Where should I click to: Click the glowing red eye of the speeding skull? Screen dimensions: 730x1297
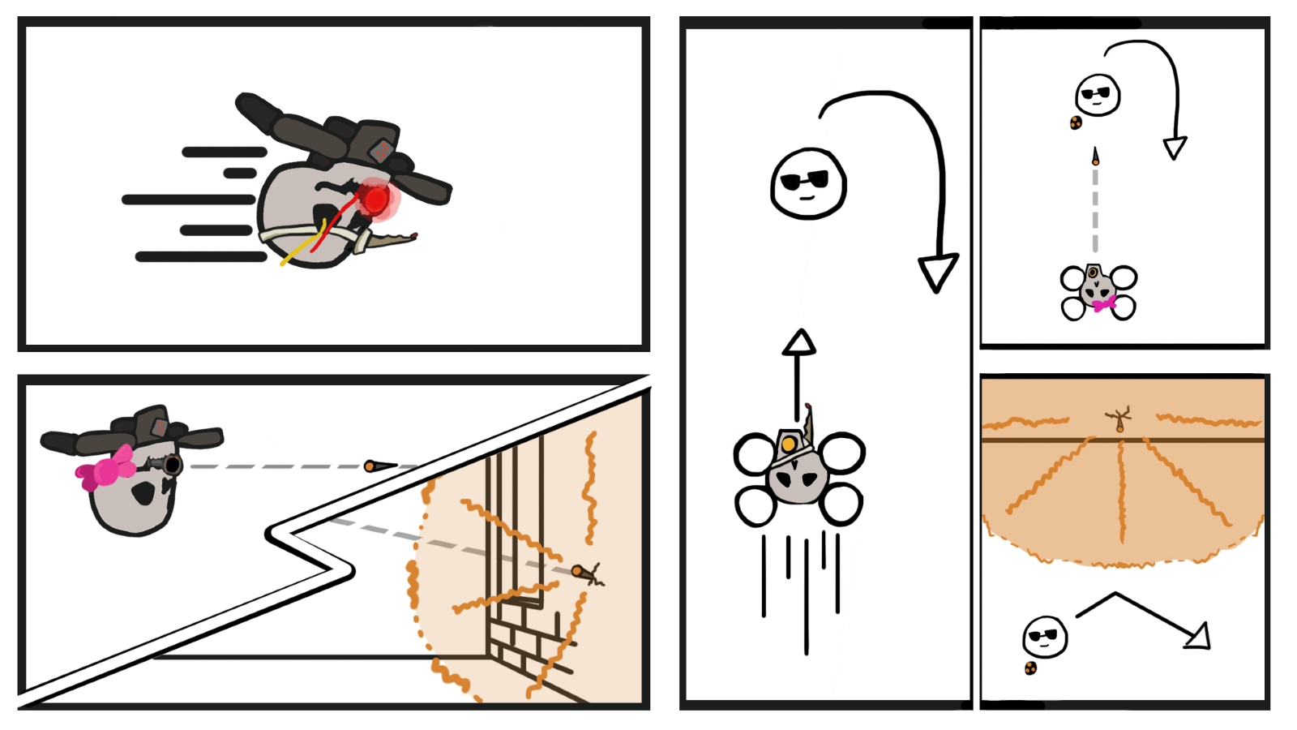click(x=375, y=199)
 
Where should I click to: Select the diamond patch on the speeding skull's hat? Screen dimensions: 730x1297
click(x=382, y=151)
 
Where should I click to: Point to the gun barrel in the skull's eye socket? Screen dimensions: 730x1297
click(x=171, y=465)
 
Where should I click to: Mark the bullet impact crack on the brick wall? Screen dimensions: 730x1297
click(x=591, y=574)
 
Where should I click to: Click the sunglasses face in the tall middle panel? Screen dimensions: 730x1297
click(x=808, y=183)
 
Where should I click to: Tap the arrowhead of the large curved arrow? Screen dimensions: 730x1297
click(x=938, y=273)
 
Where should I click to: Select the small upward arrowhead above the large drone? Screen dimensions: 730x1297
click(x=798, y=342)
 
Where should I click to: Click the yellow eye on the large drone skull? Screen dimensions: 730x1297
click(x=788, y=444)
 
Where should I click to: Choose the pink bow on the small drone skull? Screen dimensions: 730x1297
click(x=1104, y=304)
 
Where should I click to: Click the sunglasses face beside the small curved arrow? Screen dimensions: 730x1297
click(x=1098, y=95)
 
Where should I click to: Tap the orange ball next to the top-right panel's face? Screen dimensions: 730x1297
click(x=1076, y=122)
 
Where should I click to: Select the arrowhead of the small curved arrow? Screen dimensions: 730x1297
click(x=1175, y=148)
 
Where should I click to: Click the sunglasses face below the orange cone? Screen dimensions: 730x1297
click(x=1045, y=637)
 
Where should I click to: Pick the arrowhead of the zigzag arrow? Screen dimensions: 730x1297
click(x=1198, y=637)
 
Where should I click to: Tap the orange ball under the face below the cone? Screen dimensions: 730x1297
click(x=1030, y=668)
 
